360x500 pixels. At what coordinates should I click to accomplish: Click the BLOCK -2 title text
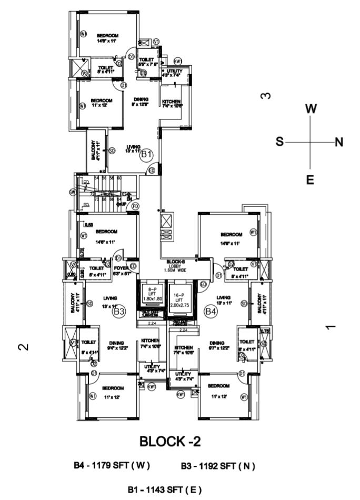tap(171, 441)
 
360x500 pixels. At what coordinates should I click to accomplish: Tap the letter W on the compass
tap(311, 109)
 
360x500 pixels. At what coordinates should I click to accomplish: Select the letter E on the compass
tap(311, 180)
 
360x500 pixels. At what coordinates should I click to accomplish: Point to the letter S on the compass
tap(280, 142)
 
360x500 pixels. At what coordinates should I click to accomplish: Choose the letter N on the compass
tap(339, 142)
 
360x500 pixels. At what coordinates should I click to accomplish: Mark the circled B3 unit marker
tap(119, 312)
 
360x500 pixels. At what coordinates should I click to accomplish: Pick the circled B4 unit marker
tap(211, 312)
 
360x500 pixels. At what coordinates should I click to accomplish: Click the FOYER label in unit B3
tap(121, 271)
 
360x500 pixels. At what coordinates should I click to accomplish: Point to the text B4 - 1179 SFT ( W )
tap(112, 466)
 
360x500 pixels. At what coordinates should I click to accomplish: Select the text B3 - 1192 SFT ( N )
tap(218, 466)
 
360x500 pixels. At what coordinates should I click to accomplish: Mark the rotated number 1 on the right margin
tap(331, 327)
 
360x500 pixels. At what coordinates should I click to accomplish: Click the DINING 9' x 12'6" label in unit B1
tap(141, 102)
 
